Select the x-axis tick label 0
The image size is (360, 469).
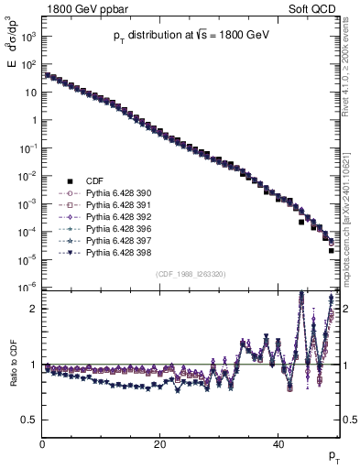click(43, 445)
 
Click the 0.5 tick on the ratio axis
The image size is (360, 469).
click(29, 420)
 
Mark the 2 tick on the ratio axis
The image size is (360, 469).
click(34, 309)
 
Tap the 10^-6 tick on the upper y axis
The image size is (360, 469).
click(27, 288)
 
